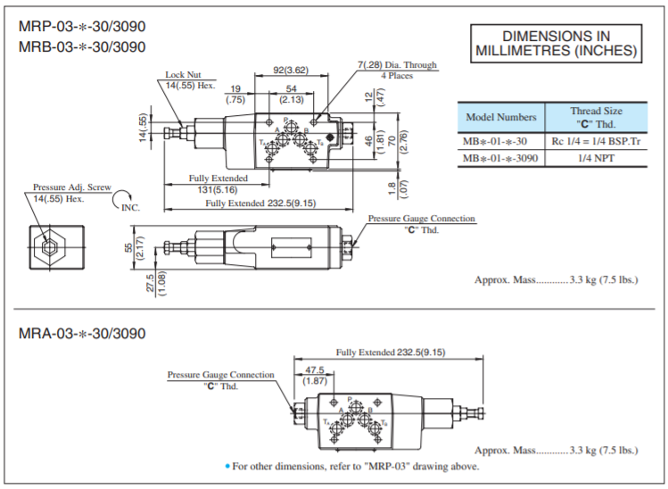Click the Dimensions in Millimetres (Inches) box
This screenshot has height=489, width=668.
556,43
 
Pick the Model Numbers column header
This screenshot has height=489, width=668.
501,117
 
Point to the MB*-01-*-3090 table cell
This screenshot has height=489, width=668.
501,158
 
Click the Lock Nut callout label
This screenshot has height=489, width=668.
182,75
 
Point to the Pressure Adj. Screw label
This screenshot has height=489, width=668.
72,187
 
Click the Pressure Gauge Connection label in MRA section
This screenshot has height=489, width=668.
221,375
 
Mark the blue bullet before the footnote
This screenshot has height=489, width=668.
228,466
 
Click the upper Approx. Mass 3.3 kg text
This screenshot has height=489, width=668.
556,279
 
